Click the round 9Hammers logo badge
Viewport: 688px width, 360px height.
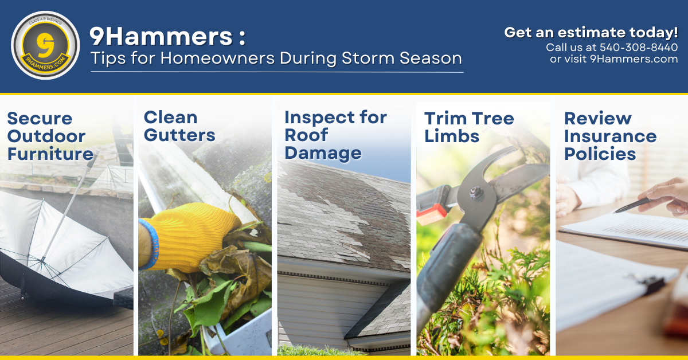coord(45,45)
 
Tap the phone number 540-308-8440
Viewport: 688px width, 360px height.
coord(639,48)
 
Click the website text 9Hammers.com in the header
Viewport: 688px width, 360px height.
coord(634,58)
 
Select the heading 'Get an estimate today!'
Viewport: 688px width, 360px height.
coord(591,32)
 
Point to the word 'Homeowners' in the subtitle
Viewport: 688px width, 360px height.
coord(217,58)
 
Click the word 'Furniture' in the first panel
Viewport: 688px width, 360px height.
coord(50,154)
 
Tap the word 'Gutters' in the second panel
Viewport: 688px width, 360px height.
coord(179,135)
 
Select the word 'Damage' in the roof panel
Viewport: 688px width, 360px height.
coord(323,153)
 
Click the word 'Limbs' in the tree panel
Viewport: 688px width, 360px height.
coord(452,136)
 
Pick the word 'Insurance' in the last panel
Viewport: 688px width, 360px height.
coord(611,136)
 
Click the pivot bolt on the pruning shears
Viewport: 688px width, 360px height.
coord(475,193)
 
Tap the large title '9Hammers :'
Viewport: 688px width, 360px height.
coord(167,37)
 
